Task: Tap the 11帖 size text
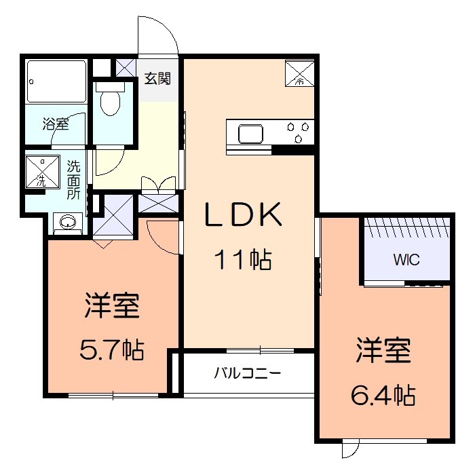click(x=244, y=259)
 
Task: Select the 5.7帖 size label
click(x=112, y=349)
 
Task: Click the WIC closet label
click(x=406, y=259)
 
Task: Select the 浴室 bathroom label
click(x=55, y=123)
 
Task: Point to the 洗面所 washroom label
click(x=73, y=178)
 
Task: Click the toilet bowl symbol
click(x=109, y=102)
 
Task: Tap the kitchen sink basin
click(x=250, y=132)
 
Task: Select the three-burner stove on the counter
click(x=299, y=132)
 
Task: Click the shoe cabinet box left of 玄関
click(x=126, y=67)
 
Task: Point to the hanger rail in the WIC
click(x=406, y=227)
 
